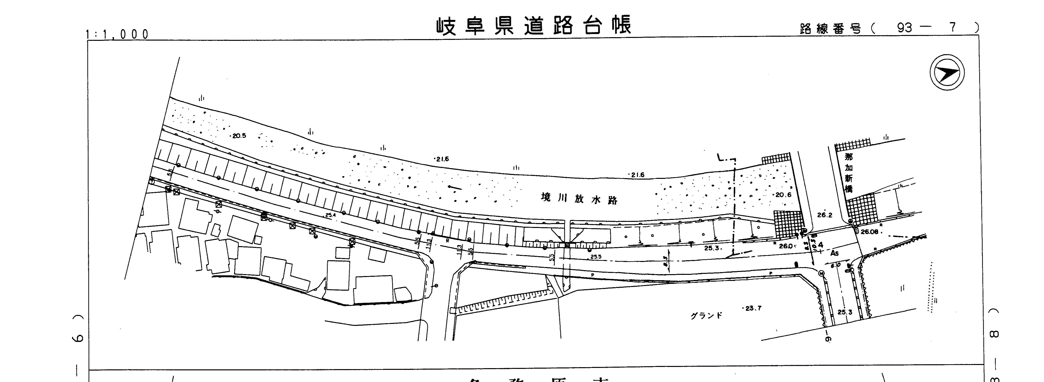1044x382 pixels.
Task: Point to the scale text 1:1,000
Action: click(x=118, y=35)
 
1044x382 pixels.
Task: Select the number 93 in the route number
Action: click(x=904, y=27)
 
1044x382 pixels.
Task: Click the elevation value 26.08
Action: click(x=869, y=232)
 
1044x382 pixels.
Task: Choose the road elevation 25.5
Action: click(x=596, y=257)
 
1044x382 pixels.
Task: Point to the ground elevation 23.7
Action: click(x=753, y=308)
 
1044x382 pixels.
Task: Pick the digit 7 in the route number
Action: click(x=952, y=27)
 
